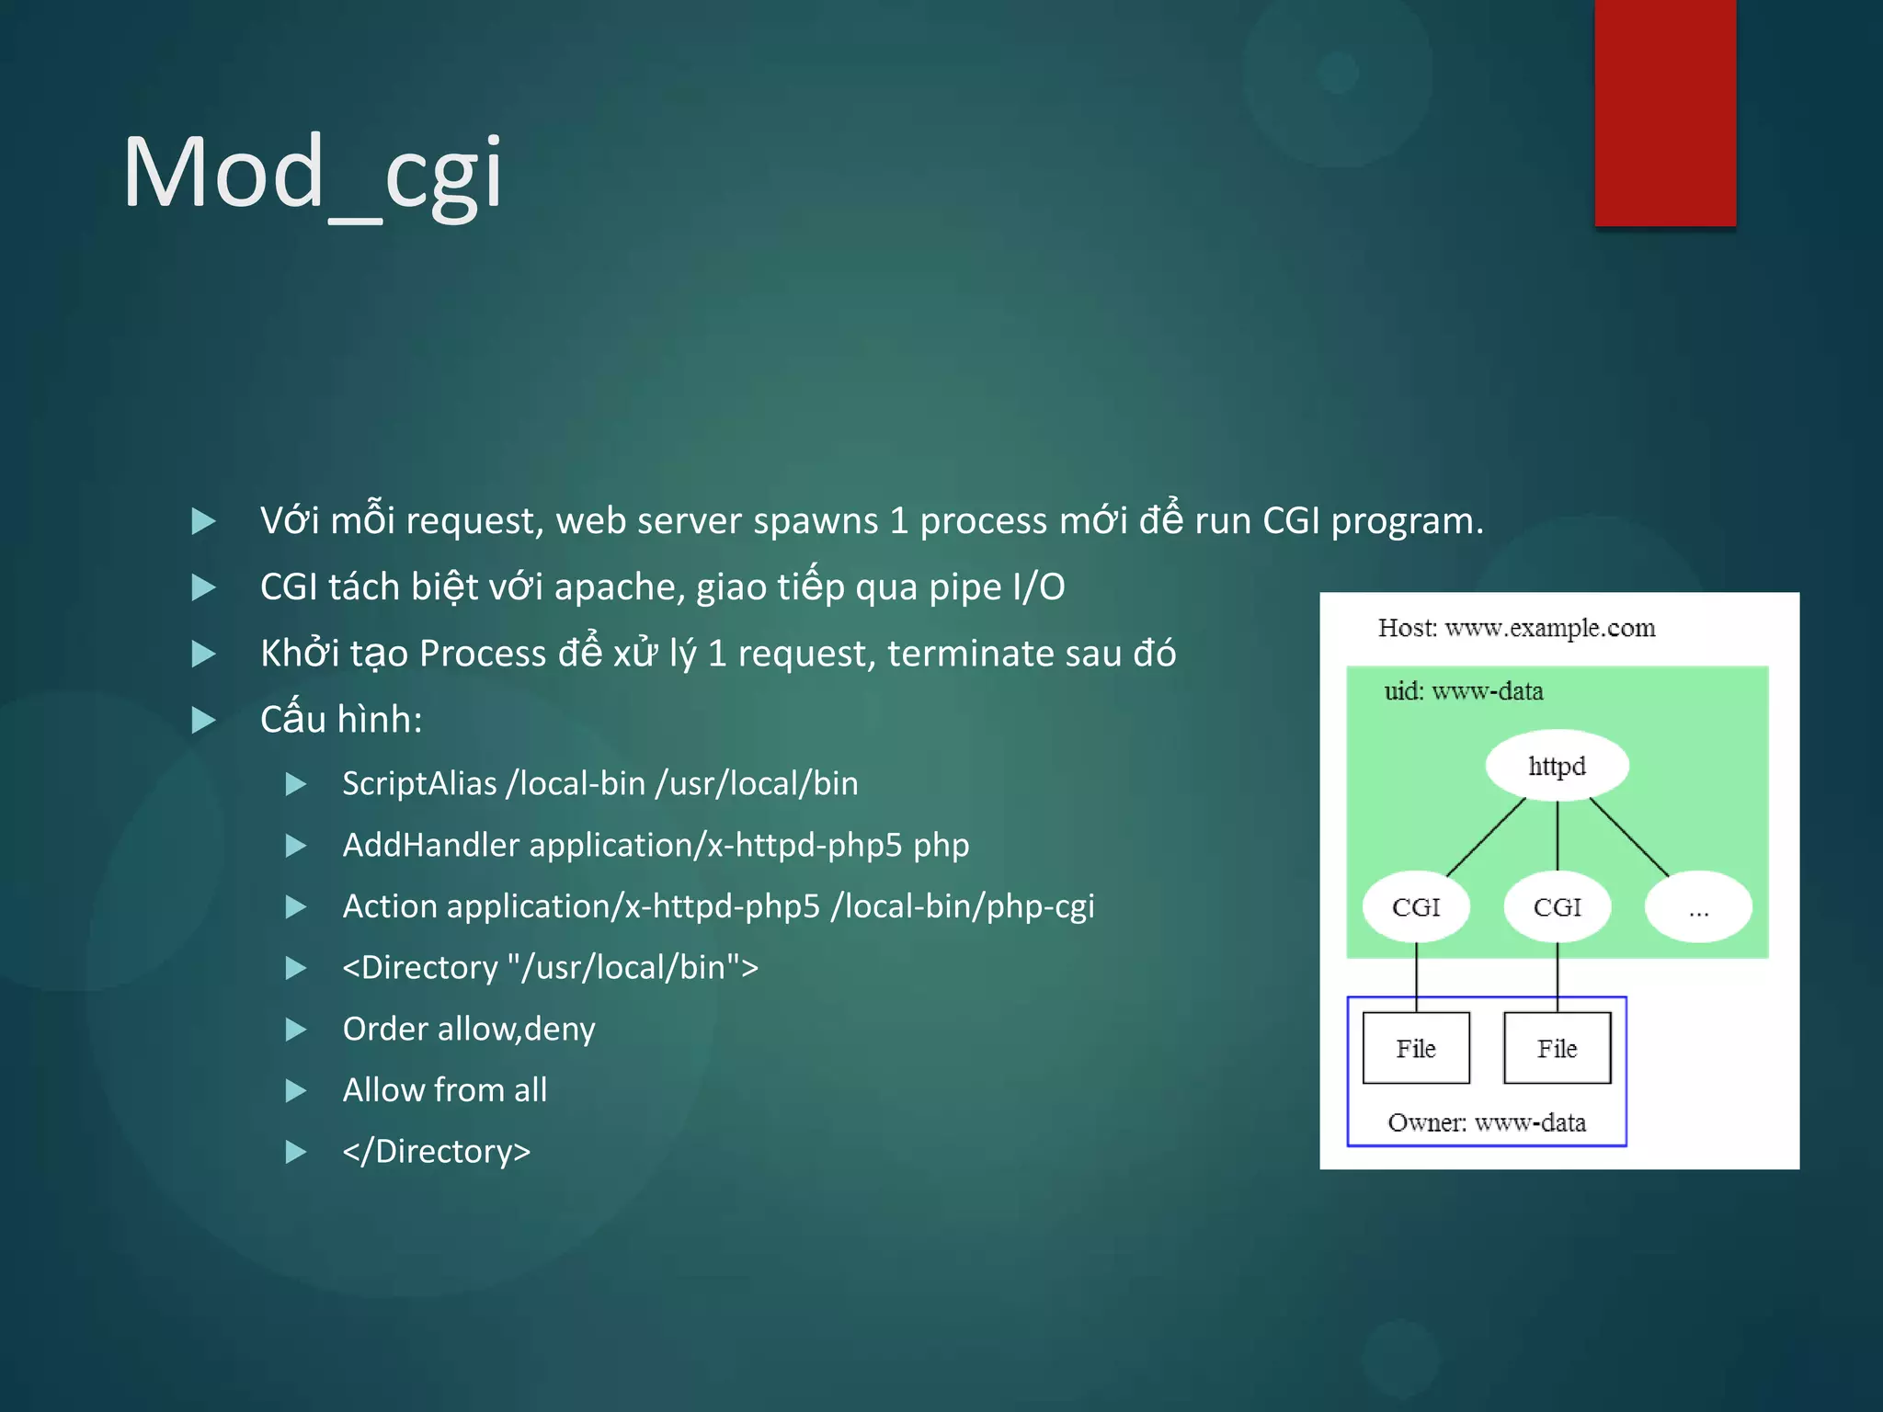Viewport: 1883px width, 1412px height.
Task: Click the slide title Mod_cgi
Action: pos(313,173)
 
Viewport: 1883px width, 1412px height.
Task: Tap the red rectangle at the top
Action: pos(1665,112)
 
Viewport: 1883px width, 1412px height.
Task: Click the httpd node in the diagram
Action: pos(1557,766)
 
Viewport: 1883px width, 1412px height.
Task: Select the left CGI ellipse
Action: pos(1416,907)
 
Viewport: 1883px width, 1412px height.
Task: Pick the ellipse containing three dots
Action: pos(1698,907)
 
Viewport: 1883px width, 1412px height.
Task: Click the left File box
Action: pos(1416,1048)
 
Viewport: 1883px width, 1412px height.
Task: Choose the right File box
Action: pos(1557,1048)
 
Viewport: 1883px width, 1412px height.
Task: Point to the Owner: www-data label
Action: pos(1487,1122)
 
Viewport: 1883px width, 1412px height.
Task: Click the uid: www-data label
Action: pos(1464,691)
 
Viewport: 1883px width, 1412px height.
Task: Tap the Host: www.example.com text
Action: pos(1516,628)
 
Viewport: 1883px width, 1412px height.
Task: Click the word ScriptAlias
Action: pos(419,784)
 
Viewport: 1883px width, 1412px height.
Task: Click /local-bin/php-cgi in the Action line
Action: pos(963,906)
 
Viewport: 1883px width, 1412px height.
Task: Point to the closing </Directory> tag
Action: pos(436,1152)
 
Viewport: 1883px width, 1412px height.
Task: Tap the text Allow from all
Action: pos(445,1090)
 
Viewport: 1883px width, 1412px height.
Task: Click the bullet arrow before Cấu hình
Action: pos(203,720)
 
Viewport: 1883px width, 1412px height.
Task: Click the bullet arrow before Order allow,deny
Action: pos(296,1030)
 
